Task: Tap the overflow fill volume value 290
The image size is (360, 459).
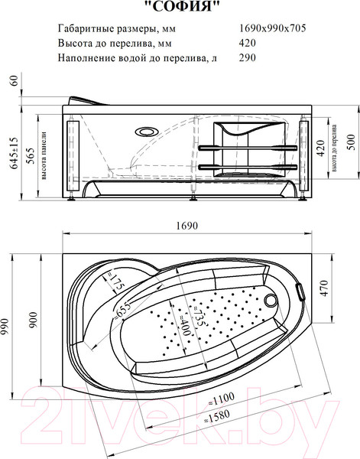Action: pos(248,57)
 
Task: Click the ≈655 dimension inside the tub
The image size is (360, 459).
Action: pos(122,308)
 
